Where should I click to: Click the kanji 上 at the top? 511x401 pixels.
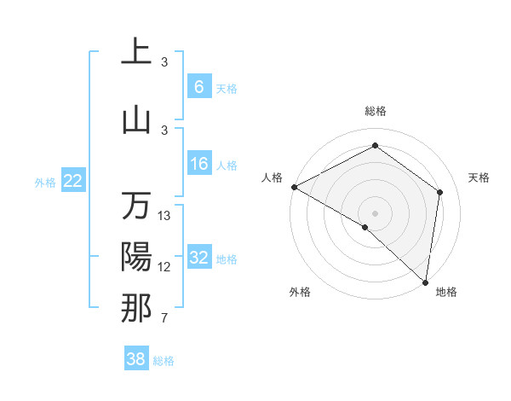coord(136,53)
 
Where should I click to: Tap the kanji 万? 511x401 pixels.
coord(136,206)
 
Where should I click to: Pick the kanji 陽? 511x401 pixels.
coord(136,258)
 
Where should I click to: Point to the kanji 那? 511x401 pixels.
coord(136,308)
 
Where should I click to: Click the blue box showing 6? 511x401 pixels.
coord(198,86)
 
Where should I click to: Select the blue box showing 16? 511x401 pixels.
coord(198,164)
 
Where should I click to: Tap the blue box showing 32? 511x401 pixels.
coord(198,258)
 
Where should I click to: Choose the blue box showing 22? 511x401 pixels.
coord(72,181)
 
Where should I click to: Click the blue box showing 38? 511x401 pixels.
coord(136,359)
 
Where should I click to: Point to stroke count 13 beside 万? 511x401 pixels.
coord(164,216)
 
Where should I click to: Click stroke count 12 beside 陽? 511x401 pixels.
coord(164,267)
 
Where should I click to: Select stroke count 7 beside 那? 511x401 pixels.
coord(164,318)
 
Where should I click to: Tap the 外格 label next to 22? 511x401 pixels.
coord(45,182)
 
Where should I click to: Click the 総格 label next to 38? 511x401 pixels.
coord(164,361)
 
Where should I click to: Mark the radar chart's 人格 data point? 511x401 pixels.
coord(294,187)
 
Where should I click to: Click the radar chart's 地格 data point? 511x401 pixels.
coord(425,282)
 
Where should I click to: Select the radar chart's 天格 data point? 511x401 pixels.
coord(440,192)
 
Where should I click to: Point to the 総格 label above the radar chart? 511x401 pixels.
coord(375,111)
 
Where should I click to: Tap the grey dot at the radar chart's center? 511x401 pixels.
coord(375,212)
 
